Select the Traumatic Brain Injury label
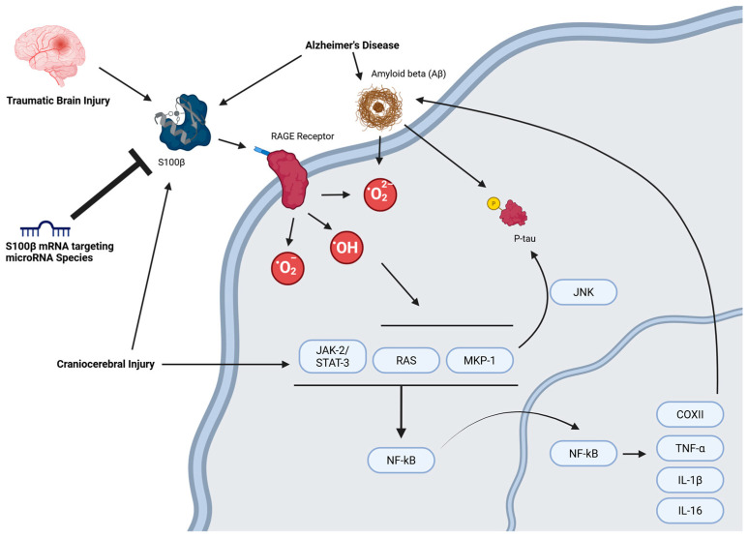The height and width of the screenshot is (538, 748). click(x=59, y=99)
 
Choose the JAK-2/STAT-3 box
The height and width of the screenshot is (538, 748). click(x=330, y=360)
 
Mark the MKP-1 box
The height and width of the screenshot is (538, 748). click(x=481, y=361)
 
